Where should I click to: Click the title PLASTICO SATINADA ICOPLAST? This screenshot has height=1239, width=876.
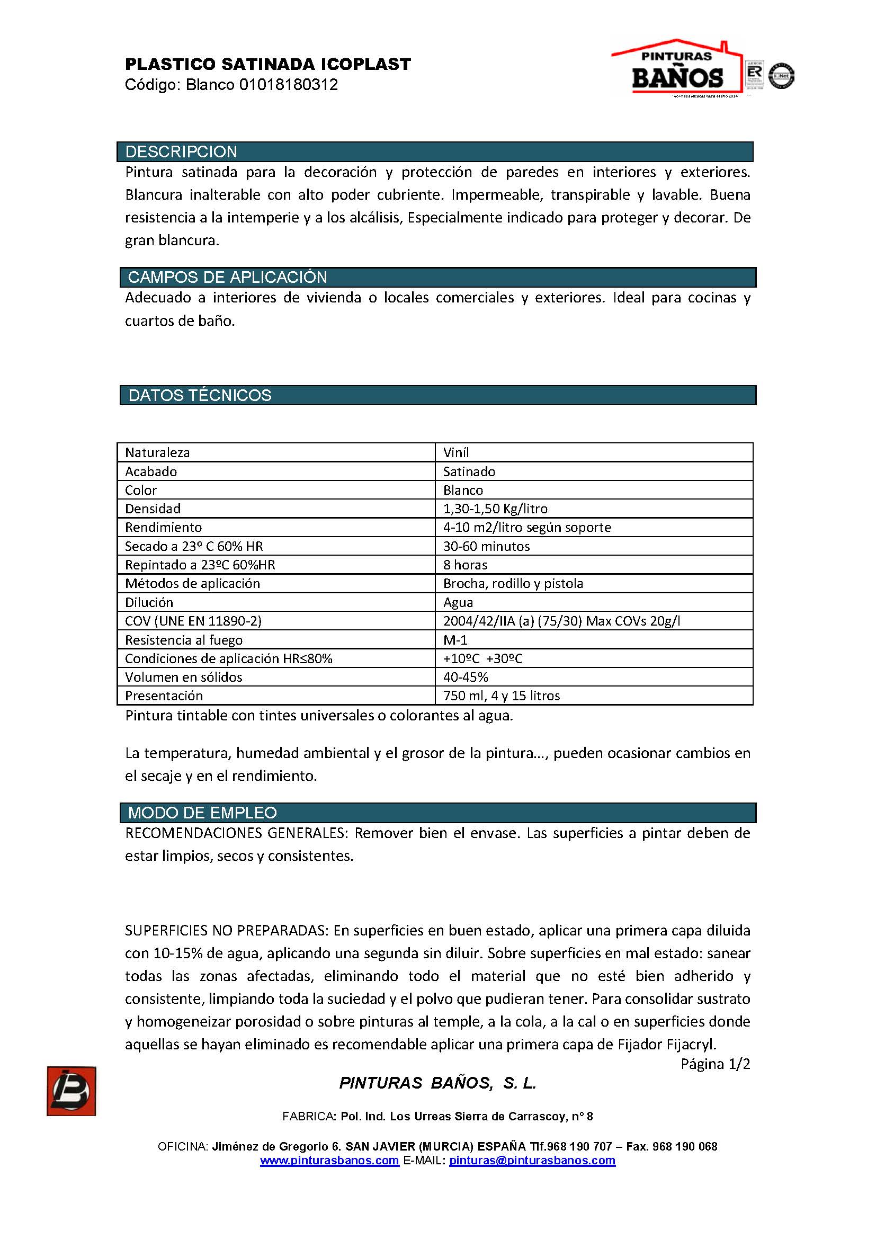267,65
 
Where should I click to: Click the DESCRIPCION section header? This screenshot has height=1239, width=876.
181,151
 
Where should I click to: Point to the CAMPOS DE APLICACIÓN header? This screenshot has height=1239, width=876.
227,278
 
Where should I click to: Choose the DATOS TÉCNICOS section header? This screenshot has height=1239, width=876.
200,396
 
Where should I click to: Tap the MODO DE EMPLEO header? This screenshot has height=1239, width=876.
202,813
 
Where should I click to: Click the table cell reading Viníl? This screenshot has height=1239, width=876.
456,452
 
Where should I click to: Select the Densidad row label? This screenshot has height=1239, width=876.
153,509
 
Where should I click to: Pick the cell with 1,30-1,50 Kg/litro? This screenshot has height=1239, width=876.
495,509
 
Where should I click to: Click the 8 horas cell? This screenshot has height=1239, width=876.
465,565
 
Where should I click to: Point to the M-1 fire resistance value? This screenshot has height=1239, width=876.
455,639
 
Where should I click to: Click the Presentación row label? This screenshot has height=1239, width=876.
164,696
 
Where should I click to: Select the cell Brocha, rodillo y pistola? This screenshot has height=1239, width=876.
513,583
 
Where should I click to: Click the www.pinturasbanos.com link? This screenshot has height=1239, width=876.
329,1160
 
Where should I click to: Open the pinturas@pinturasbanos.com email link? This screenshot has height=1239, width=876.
532,1160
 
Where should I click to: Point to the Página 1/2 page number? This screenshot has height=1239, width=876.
714,1064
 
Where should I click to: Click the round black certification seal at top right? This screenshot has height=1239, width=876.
781,76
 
